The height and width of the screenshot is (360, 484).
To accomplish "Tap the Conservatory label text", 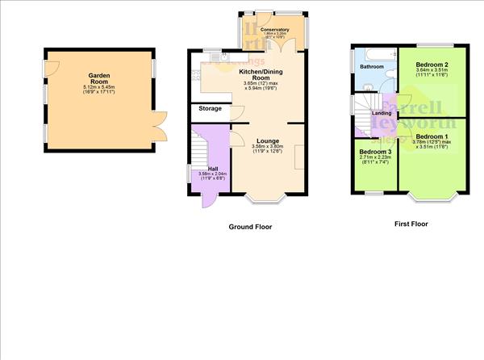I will (274, 29).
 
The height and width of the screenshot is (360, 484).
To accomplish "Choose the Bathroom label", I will (372, 67).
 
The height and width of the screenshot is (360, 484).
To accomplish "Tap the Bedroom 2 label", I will (432, 64).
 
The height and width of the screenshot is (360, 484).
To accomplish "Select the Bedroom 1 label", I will (432, 136).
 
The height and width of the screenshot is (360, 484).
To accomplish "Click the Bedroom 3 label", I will (375, 152).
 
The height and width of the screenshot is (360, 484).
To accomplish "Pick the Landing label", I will (382, 113).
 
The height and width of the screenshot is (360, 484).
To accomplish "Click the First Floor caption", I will (411, 224).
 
